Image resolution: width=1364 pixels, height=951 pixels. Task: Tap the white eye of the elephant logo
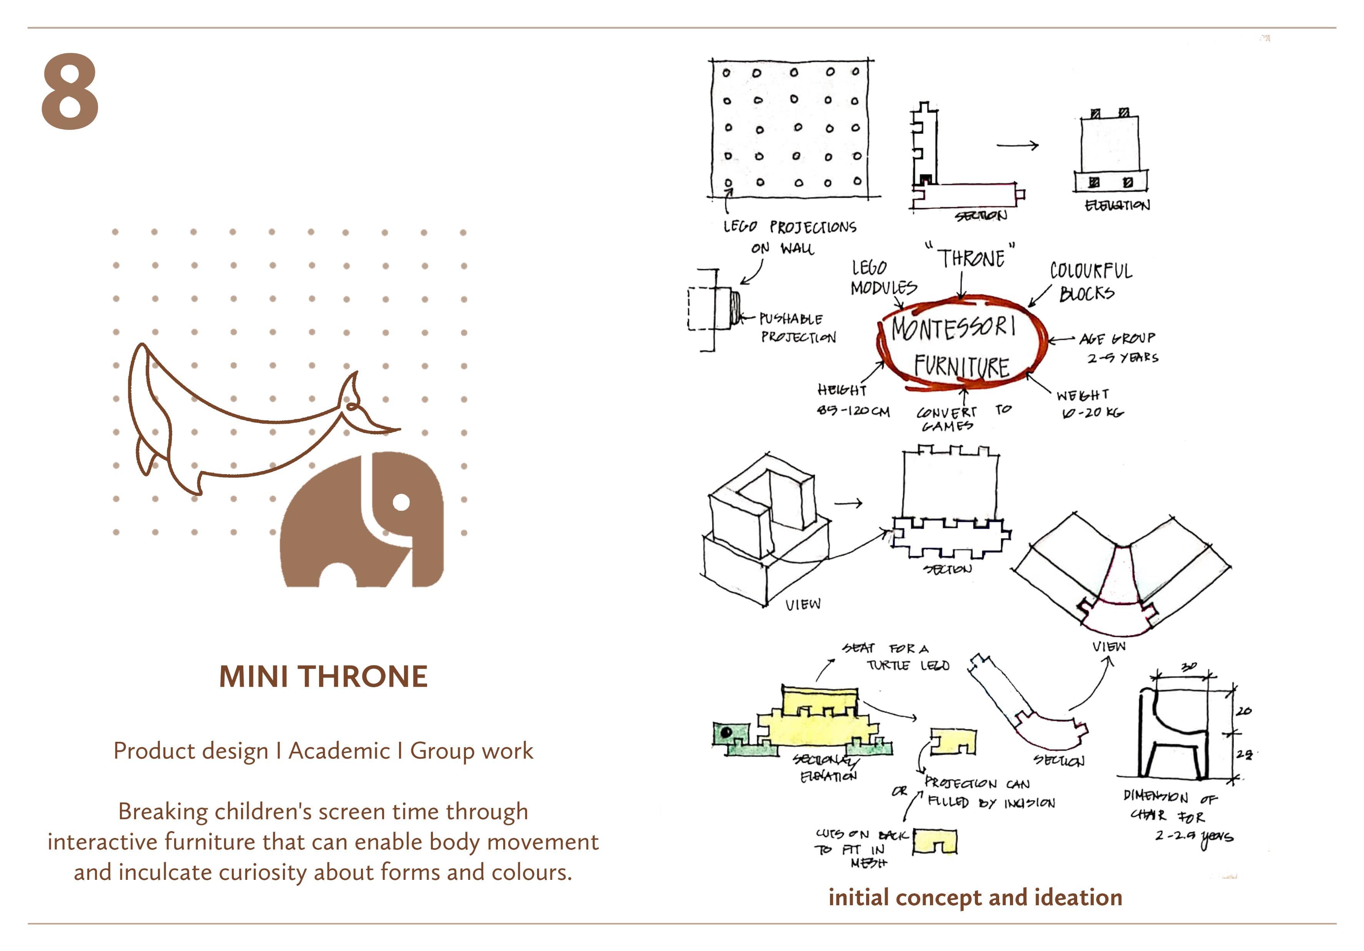402,503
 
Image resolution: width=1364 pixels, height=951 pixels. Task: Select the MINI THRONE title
323,676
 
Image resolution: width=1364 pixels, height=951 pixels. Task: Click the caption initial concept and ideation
975,897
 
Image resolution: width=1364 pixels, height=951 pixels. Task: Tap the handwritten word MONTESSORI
953,328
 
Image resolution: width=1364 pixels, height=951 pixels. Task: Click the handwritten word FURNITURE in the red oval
961,366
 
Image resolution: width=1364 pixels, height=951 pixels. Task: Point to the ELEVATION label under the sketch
1117,206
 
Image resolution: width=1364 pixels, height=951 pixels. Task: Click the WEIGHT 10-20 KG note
1091,403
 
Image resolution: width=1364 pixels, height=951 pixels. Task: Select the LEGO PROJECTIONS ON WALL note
788,236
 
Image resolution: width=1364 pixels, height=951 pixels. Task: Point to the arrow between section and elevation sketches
1017,145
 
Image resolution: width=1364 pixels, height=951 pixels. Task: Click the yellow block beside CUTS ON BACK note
935,842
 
